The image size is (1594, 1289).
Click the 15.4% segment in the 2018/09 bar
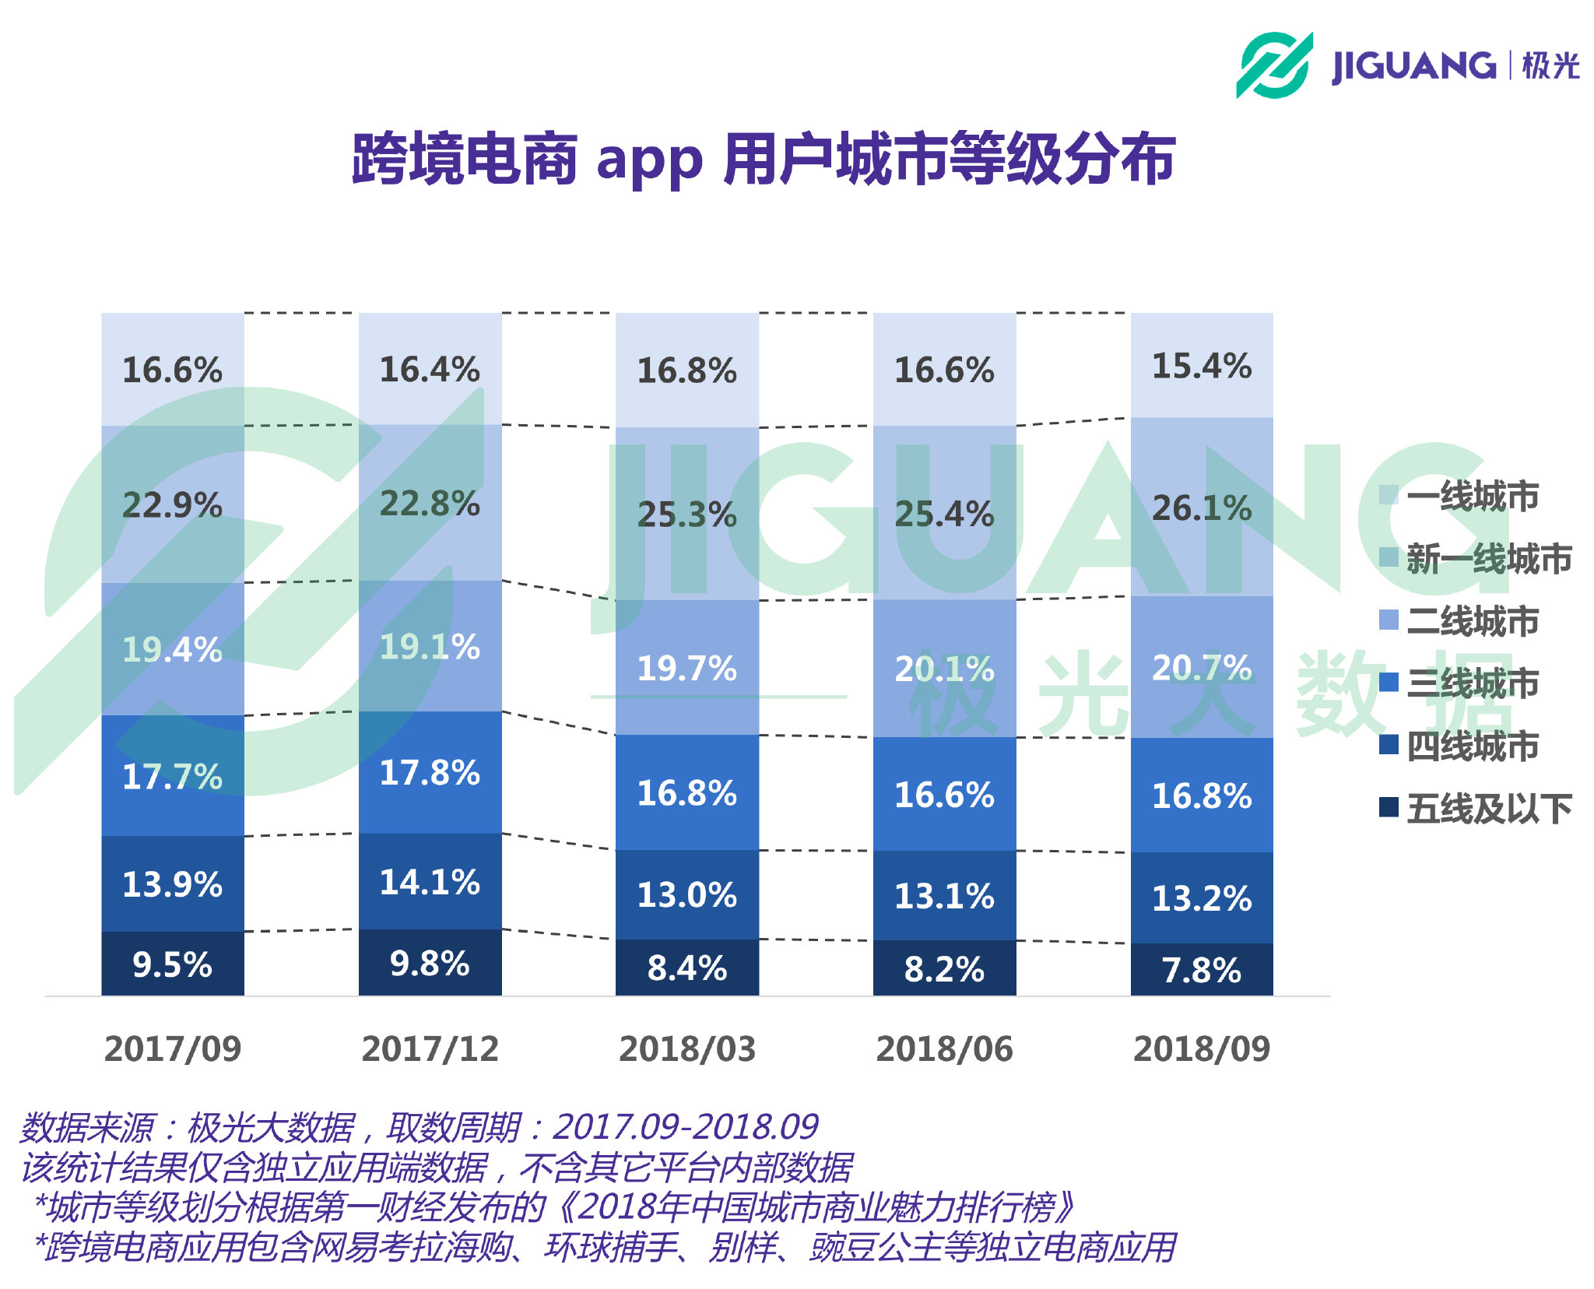pos(1201,366)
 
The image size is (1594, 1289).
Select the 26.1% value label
pos(1201,508)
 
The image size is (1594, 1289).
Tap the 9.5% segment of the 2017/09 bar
pos(172,964)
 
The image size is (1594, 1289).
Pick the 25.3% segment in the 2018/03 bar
pos(686,515)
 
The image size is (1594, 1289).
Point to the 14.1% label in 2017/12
pos(430,882)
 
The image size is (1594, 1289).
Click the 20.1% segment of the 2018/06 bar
pos(944,669)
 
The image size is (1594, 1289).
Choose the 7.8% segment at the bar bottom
pos(1201,970)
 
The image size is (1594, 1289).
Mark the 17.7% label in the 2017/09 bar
pos(172,776)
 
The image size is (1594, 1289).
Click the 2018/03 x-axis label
pos(686,1048)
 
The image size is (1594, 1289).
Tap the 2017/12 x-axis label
pos(430,1048)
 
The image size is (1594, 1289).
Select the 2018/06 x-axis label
pos(944,1048)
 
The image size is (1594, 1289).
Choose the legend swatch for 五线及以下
pos(1389,807)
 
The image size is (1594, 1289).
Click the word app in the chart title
pos(649,161)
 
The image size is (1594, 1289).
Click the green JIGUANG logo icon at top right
pos(1274,65)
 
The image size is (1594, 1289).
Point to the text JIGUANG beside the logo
pos(1413,66)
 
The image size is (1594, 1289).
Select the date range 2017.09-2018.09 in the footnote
pos(685,1126)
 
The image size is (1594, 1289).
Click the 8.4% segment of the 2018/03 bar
pos(686,968)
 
